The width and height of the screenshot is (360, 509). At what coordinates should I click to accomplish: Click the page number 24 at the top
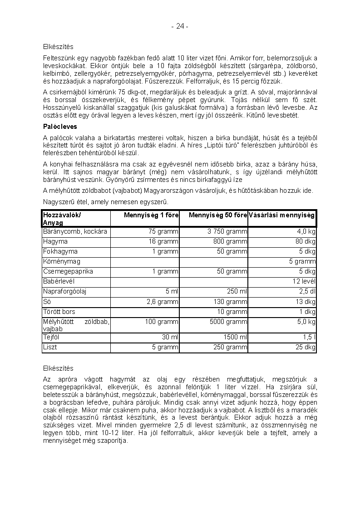click(x=180, y=26)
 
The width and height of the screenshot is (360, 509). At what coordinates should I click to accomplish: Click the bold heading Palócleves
click(x=60, y=127)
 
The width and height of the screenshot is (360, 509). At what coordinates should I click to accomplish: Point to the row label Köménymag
click(x=62, y=261)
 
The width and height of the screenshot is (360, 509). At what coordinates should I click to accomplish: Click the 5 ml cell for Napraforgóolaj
click(x=171, y=291)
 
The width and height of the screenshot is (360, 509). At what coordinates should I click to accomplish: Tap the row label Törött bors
click(x=59, y=312)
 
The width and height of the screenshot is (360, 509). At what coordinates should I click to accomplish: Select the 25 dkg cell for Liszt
click(x=306, y=347)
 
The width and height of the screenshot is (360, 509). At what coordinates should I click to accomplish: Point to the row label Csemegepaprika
click(x=68, y=271)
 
